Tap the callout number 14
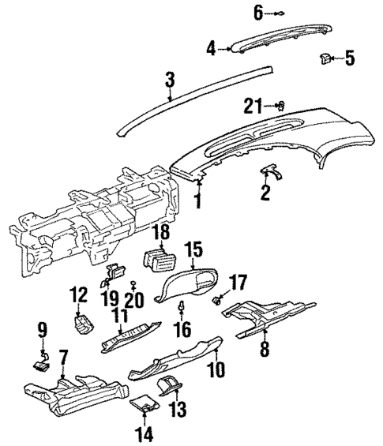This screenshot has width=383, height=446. tap(145, 433)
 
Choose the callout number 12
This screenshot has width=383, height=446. tap(77, 294)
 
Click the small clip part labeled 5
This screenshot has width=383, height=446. tap(326, 57)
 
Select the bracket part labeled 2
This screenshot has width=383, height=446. tap(271, 171)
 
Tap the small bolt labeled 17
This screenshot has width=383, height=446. tap(215, 298)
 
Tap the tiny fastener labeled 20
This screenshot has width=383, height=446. tap(133, 283)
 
